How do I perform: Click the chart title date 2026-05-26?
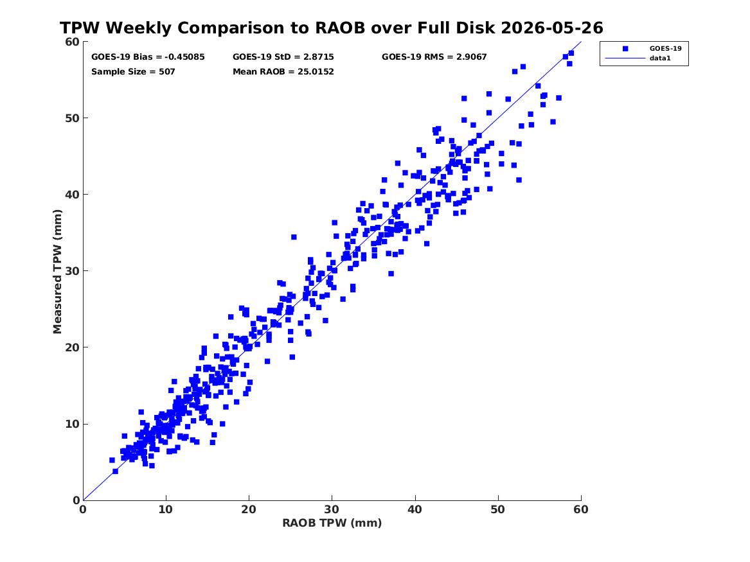pos(552,28)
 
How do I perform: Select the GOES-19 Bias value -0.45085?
pos(184,57)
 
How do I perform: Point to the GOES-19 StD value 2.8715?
pos(319,57)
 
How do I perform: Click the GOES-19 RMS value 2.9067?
pos(471,57)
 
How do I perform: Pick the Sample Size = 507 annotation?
pos(133,72)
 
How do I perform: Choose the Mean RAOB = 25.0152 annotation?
pos(283,72)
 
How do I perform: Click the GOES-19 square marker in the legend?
pos(625,49)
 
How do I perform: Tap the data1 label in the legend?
pos(660,58)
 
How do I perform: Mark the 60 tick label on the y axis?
pos(72,42)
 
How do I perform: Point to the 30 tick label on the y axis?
pos(72,271)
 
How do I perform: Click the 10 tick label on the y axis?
pos(72,424)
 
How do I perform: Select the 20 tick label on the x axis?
pos(249,509)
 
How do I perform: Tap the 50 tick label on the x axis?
pos(498,509)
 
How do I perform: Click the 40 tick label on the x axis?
pos(415,509)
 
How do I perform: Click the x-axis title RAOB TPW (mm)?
pos(332,523)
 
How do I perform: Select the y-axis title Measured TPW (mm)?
pos(57,272)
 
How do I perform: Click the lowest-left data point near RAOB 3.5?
pos(112,461)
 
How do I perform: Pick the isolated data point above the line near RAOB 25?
pos(294,237)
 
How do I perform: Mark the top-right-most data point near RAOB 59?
pos(571,53)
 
